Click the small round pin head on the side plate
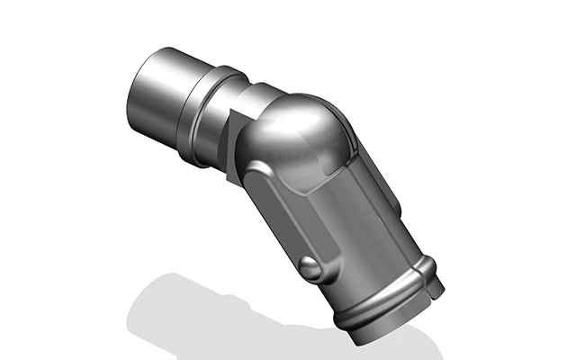(309, 267)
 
